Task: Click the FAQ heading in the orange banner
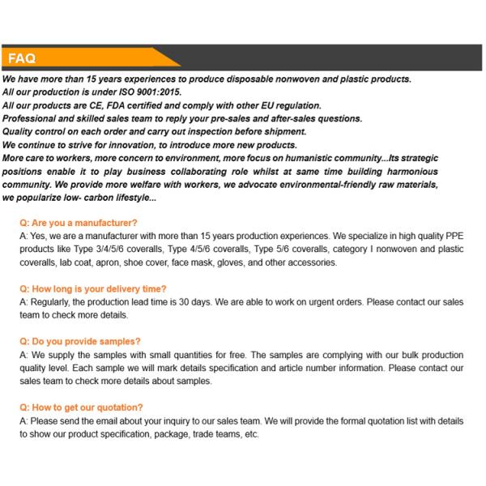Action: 22,58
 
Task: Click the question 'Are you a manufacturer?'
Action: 79,223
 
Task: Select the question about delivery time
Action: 93,289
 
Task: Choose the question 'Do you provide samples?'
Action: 80,342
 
